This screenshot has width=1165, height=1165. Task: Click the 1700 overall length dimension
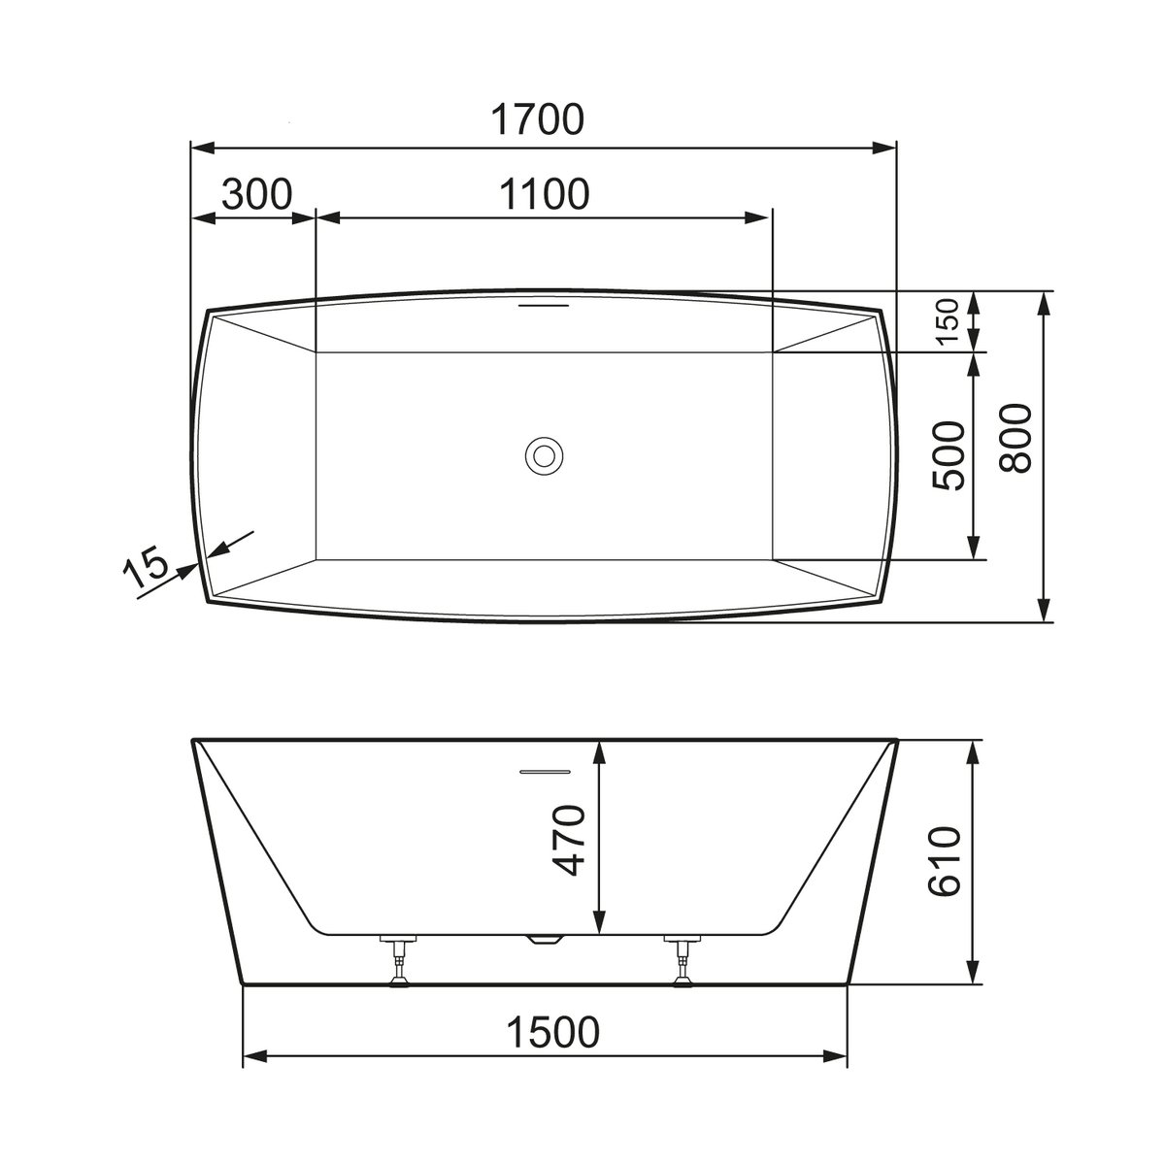pos(537,119)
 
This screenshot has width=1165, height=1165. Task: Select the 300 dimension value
pos(256,194)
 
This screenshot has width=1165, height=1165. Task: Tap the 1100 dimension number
pos(544,194)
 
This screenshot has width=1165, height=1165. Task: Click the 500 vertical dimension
pos(949,455)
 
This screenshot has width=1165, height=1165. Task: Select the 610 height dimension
pos(944,860)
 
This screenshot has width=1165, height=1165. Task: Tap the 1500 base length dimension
pos(552,1032)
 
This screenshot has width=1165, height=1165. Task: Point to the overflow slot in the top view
pos(544,304)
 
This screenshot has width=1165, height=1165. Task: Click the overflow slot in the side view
pos(544,772)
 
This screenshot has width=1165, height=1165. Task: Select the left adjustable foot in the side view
pos(399,961)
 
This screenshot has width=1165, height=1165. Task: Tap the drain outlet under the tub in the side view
pos(544,939)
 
